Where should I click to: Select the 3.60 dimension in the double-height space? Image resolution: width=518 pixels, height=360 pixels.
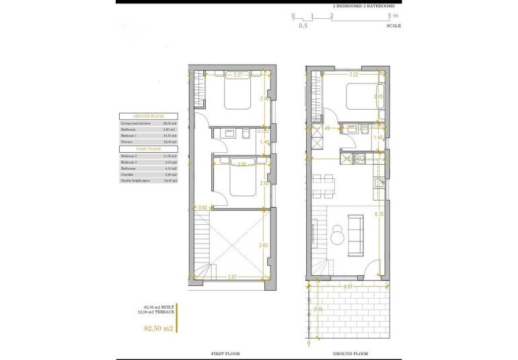click(x=264, y=246)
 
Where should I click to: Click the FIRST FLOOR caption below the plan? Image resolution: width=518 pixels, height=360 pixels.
click(x=226, y=353)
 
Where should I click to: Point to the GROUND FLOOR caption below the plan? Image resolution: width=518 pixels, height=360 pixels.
click(x=348, y=353)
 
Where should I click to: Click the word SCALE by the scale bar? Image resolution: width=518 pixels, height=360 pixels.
click(x=394, y=26)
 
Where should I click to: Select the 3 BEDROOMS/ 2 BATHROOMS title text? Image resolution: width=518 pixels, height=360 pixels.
click(x=363, y=5)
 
